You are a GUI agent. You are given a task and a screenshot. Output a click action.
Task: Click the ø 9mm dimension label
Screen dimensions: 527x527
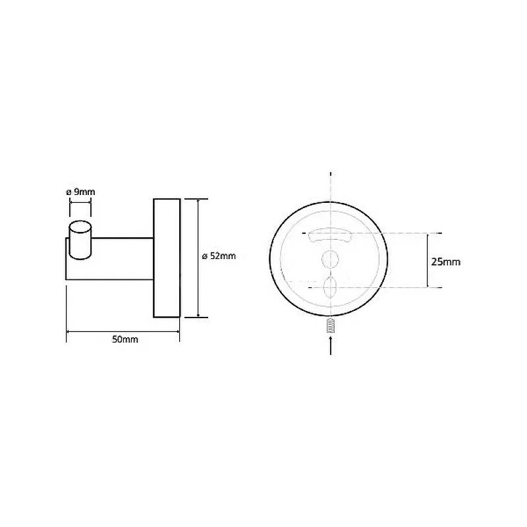click(80, 192)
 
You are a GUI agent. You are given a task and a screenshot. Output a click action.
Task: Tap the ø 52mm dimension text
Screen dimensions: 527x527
click(219, 256)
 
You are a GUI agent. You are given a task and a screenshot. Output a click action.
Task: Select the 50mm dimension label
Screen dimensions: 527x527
click(125, 339)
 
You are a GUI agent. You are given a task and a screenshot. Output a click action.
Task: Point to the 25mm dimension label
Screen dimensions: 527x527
click(446, 262)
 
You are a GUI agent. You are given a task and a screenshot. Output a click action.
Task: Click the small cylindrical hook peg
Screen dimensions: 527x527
click(80, 240)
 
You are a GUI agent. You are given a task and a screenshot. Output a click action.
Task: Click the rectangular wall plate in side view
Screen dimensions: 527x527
click(167, 258)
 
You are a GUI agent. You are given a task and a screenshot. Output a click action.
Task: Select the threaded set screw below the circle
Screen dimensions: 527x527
click(331, 325)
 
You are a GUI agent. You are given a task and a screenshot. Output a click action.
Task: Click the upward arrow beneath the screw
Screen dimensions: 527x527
click(331, 345)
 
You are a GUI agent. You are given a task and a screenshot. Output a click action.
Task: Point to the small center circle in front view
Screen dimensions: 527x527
click(330, 259)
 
